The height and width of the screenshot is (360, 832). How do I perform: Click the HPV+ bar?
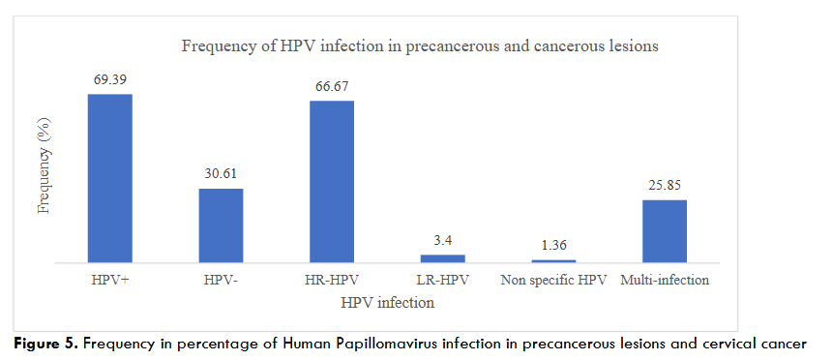tap(110, 178)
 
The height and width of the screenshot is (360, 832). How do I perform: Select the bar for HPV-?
tap(221, 225)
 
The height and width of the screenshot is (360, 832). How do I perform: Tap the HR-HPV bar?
tap(332, 181)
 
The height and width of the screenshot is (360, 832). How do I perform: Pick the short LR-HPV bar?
tap(442, 258)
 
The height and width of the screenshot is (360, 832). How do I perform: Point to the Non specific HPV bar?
tap(553, 260)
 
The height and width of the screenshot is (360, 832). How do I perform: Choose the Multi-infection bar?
tap(665, 231)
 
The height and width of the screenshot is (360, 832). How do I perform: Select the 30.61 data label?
tap(221, 174)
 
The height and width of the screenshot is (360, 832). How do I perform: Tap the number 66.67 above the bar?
tap(332, 86)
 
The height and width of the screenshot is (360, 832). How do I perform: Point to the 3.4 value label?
tap(442, 240)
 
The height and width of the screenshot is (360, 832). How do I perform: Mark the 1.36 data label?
tap(553, 245)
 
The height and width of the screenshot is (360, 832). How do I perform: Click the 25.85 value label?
tap(665, 185)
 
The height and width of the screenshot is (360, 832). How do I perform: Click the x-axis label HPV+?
tap(109, 281)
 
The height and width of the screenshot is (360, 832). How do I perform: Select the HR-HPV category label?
tap(332, 281)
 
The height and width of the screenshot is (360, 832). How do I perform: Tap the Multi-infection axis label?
tap(666, 281)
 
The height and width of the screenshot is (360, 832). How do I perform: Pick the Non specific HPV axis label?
tap(553, 281)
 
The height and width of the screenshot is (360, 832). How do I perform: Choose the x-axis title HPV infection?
tap(387, 303)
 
